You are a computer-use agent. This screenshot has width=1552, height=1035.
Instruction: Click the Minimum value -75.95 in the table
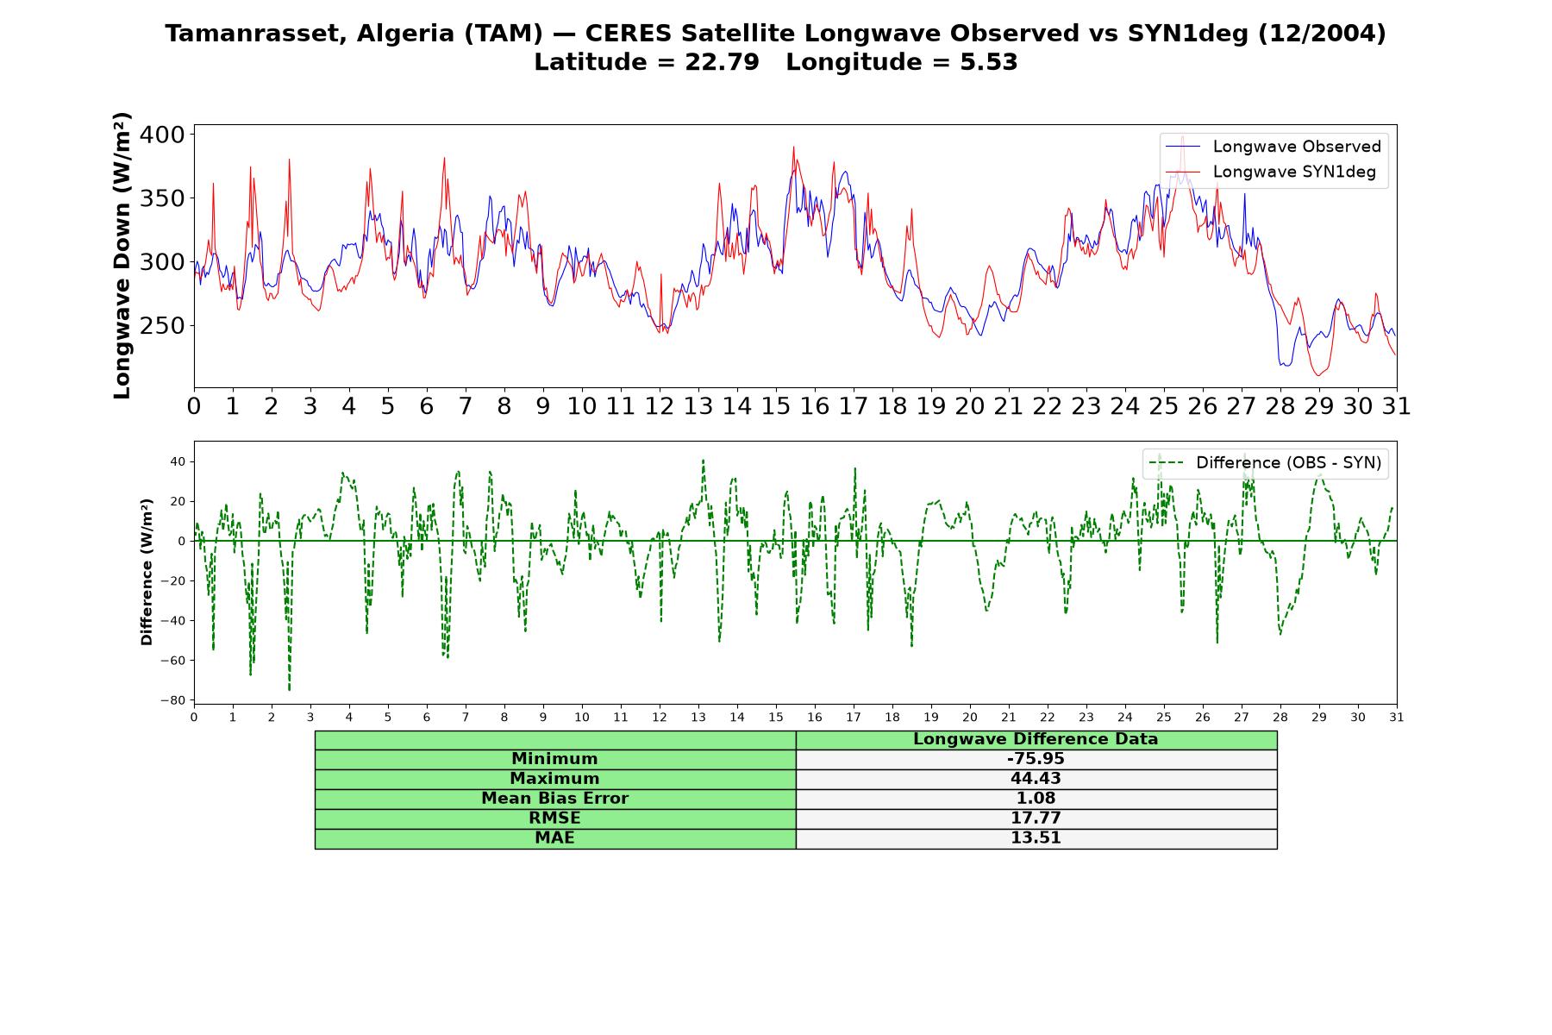pyautogui.click(x=1036, y=759)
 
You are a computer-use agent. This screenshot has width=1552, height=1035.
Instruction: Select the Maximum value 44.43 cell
pyautogui.click(x=1036, y=779)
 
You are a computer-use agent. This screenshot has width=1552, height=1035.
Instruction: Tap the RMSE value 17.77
pyautogui.click(x=1036, y=819)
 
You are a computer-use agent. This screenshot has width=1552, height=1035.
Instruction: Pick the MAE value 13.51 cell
pyautogui.click(x=1036, y=838)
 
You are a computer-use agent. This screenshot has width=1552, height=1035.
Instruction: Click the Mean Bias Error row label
pyautogui.click(x=554, y=799)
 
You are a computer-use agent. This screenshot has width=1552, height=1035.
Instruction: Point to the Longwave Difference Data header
pyautogui.click(x=1036, y=739)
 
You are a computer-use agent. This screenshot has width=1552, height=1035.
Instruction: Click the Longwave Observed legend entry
pyautogui.click(x=1274, y=147)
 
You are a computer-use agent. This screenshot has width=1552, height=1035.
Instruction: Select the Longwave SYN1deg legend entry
pyautogui.click(x=1270, y=172)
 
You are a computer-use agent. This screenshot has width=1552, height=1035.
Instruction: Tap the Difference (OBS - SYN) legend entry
pyautogui.click(x=1265, y=463)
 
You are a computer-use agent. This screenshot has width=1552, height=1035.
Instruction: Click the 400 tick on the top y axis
pyautogui.click(x=162, y=135)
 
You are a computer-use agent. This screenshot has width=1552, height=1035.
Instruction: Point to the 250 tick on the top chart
pyautogui.click(x=162, y=326)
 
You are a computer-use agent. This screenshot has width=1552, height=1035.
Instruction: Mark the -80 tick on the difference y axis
pyautogui.click(x=172, y=700)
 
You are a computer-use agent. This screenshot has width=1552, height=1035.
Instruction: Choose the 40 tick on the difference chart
pyautogui.click(x=178, y=462)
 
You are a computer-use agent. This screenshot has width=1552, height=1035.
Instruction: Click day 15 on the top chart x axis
pyautogui.click(x=775, y=405)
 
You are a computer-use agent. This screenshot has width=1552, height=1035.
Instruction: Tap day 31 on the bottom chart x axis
pyautogui.click(x=1397, y=717)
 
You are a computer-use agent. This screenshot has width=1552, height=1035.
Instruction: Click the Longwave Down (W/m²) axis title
pyautogui.click(x=122, y=255)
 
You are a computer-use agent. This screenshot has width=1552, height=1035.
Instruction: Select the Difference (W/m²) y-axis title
pyautogui.click(x=147, y=572)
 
